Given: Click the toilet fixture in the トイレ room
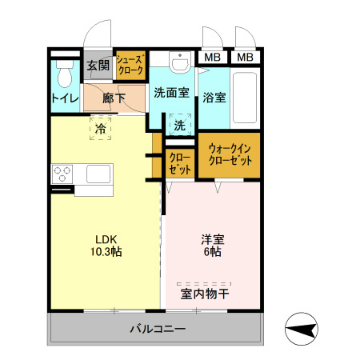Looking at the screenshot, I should coord(65,74).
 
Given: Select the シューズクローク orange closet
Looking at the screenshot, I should coord(130,66).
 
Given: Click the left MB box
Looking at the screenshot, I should coord(211,58).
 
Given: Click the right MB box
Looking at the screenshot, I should coord(245,58).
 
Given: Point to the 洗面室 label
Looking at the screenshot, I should coord(171,92).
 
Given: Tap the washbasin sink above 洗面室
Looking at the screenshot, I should coord(179,62).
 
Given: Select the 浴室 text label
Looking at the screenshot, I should coord(214,98).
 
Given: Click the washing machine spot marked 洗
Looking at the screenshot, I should coord(180,126).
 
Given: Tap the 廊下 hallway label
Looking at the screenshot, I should coord(114,98).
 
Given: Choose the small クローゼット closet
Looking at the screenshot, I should coord(180,163).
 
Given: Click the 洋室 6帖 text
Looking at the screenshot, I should coord(212,245).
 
